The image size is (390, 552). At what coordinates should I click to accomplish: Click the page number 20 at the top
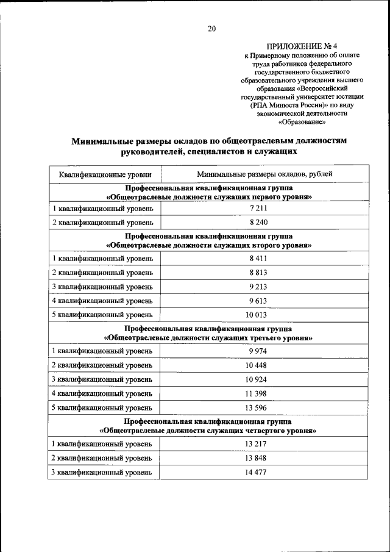tap(211, 28)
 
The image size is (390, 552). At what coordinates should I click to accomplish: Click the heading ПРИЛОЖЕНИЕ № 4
tap(302, 46)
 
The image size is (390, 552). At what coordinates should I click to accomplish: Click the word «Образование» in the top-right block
tap(302, 121)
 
